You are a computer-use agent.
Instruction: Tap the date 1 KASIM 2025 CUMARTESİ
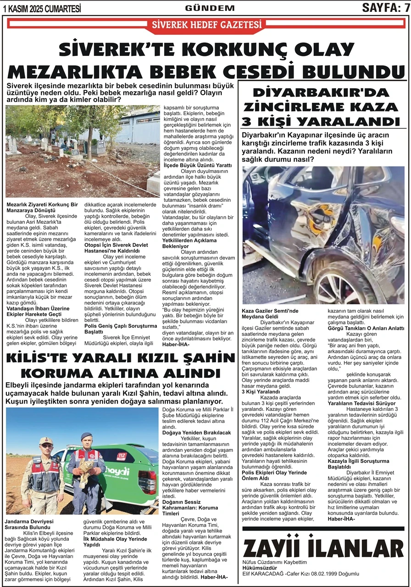(x=42, y=8)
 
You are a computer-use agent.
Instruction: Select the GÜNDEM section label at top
(x=210, y=8)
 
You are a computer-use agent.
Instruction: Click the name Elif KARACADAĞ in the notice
(x=263, y=573)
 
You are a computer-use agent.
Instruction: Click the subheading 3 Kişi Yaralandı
(x=261, y=392)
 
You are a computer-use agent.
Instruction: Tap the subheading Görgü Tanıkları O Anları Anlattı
(x=366, y=328)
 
